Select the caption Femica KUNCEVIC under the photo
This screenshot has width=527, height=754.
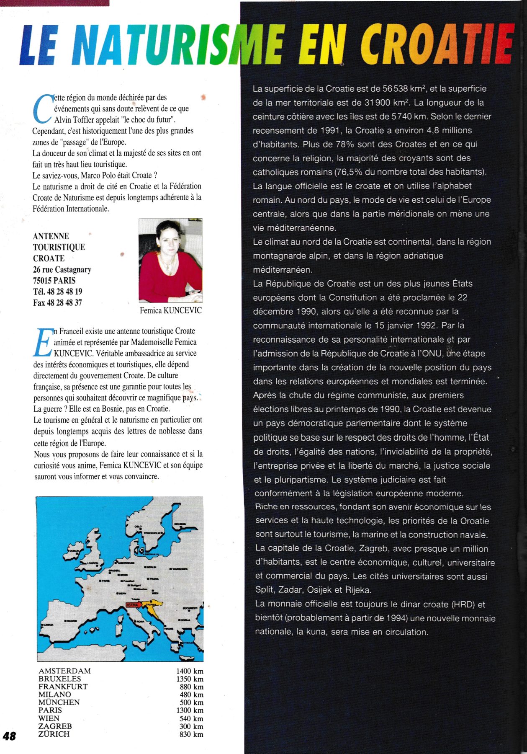[170, 310]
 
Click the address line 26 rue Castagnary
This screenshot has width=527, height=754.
[62, 269]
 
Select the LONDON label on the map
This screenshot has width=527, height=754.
[92, 563]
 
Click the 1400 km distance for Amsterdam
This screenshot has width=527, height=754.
[190, 671]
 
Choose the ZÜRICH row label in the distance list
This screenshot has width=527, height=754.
[54, 734]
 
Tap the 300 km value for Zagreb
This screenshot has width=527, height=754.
[191, 726]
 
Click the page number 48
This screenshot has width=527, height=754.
[9, 736]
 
